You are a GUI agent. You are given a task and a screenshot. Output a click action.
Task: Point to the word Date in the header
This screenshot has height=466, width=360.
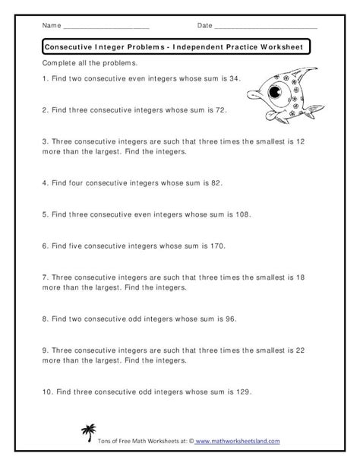click(x=204, y=26)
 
